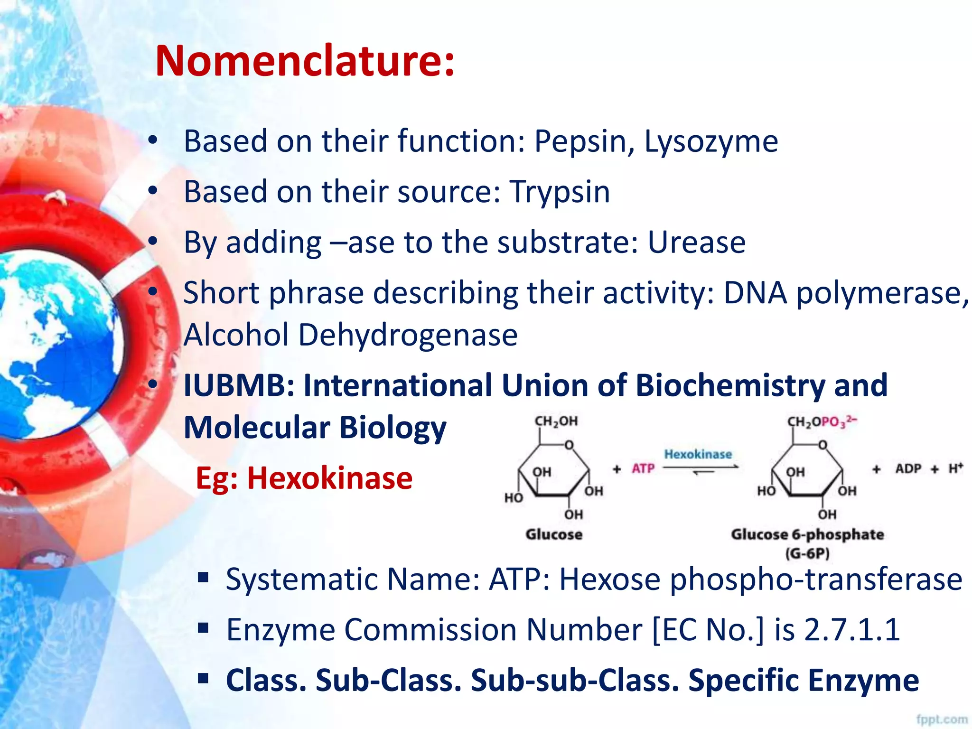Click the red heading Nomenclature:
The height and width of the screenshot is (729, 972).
(x=305, y=61)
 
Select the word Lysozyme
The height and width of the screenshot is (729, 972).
(x=710, y=141)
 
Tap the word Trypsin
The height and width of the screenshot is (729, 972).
(x=560, y=192)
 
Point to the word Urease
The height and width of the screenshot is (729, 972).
(x=696, y=242)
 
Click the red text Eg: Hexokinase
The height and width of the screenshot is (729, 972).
(x=304, y=478)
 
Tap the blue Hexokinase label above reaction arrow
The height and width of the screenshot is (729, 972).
(x=698, y=454)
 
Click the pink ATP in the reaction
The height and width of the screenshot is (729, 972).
(x=643, y=469)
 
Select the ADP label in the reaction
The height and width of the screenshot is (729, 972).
(x=908, y=469)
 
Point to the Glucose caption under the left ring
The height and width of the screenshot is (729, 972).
(x=553, y=534)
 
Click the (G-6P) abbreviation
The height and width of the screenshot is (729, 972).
(x=807, y=553)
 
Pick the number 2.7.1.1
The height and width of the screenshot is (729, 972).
(x=852, y=630)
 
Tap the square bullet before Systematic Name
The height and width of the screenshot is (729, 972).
(x=203, y=578)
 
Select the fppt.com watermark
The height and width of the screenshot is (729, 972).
(x=942, y=720)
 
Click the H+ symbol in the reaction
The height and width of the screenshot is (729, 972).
(x=955, y=468)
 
